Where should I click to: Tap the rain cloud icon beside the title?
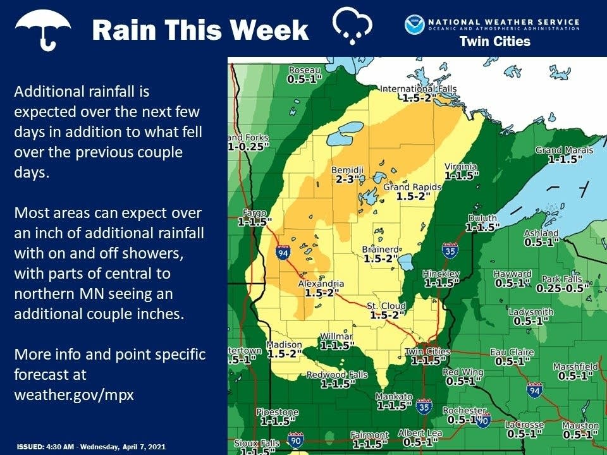352,25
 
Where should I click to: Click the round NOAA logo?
414,25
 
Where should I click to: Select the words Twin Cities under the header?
494,42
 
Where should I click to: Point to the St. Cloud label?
384,306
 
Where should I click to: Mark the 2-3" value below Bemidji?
345,179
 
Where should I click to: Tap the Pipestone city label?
277,412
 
